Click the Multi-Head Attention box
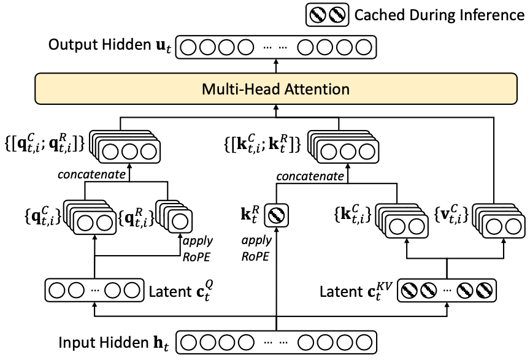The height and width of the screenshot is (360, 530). (x=275, y=90)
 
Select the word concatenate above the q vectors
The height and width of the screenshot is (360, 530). (x=92, y=175)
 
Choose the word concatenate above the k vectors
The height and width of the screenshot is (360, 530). (x=310, y=176)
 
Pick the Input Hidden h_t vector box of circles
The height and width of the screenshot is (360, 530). (x=275, y=340)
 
